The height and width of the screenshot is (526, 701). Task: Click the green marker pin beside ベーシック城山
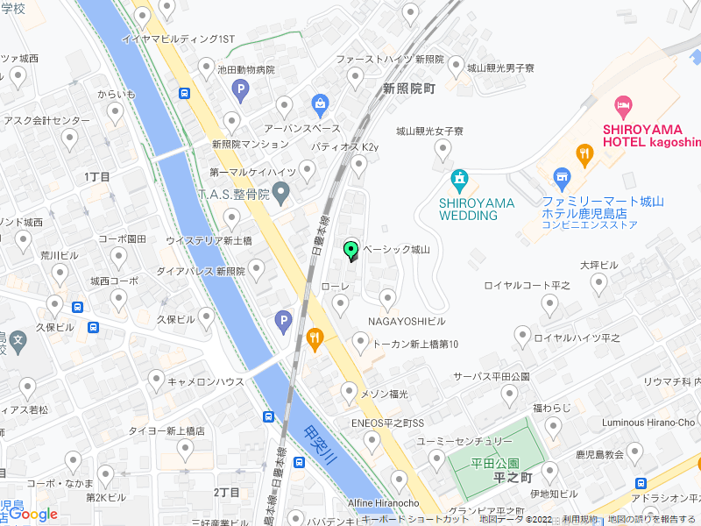(x=351, y=251)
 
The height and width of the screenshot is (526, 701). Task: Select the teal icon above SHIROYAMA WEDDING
(x=458, y=181)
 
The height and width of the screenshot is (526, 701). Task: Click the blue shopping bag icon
(x=320, y=106)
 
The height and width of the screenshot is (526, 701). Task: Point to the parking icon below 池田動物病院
(x=240, y=88)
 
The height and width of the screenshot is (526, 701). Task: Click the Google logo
(x=33, y=515)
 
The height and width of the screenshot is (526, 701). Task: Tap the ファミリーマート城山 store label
(x=602, y=202)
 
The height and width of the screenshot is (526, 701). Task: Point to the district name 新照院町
(x=409, y=89)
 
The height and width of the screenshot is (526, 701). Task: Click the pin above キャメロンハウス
(x=156, y=379)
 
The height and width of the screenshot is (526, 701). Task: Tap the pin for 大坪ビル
(x=599, y=281)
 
